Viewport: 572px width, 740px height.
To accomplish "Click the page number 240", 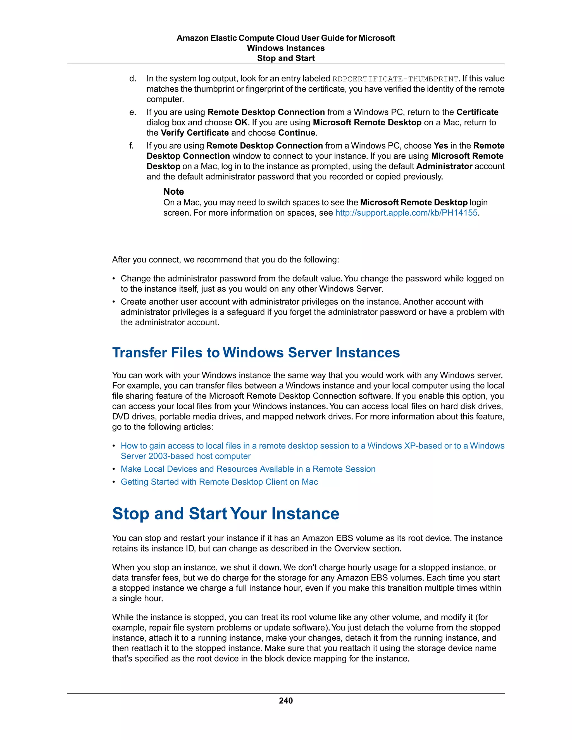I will coord(286,701).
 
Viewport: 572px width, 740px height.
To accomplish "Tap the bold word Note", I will coord(173,192).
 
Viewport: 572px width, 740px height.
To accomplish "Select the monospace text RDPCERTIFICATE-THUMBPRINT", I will coord(395,79).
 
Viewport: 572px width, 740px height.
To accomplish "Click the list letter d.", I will coord(132,79).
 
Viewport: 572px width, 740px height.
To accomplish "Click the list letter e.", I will coord(132,112).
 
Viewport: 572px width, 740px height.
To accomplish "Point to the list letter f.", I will coord(132,146).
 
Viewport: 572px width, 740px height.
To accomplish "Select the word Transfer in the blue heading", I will coord(140,352).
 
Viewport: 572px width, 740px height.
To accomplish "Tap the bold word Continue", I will coord(297,133).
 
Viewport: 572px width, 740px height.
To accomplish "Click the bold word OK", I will coord(241,122).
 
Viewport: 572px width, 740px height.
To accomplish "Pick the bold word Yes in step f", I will coord(440,146).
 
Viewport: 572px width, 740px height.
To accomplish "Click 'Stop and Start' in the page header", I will coord(286,58).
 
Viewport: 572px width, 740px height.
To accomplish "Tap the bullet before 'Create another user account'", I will coord(114,302).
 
